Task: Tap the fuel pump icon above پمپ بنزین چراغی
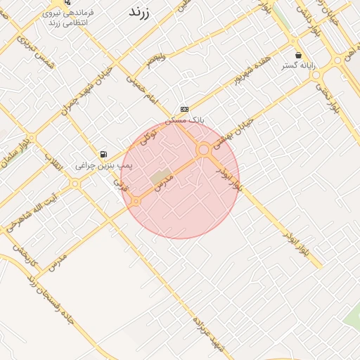(x=104, y=154)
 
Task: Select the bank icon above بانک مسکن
(x=184, y=109)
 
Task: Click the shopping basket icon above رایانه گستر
(x=299, y=55)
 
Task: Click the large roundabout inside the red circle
(x=204, y=149)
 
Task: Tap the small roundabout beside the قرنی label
(x=135, y=201)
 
